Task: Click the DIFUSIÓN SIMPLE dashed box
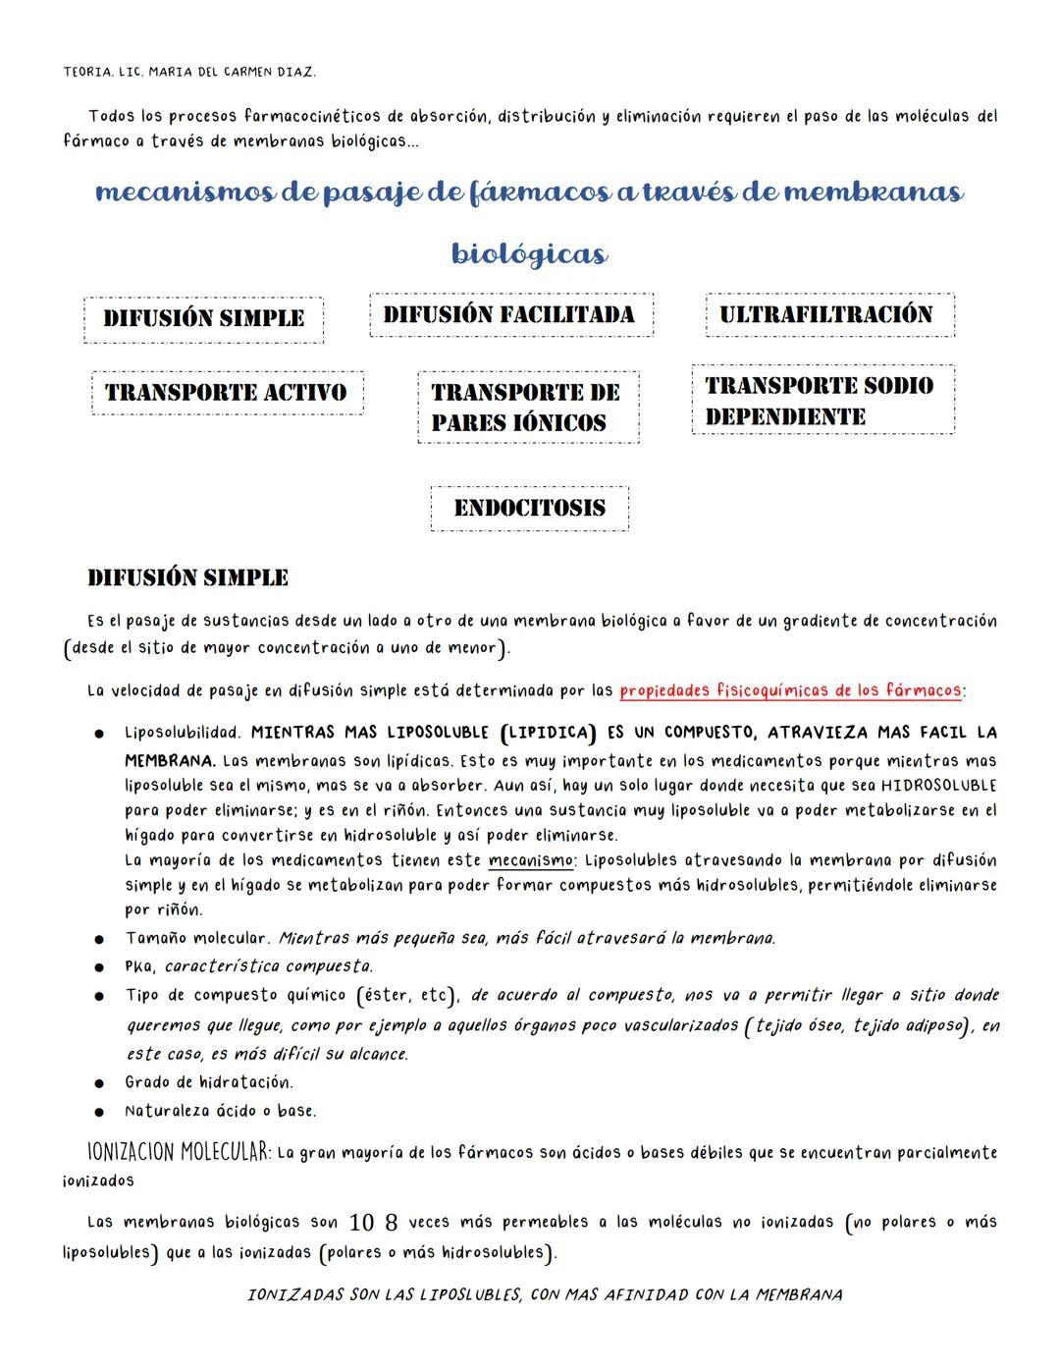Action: (x=203, y=319)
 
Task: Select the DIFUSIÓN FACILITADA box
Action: (x=510, y=315)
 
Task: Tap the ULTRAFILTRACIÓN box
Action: (x=828, y=315)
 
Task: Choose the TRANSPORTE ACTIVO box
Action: (x=227, y=393)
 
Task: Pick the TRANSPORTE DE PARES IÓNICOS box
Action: (x=527, y=408)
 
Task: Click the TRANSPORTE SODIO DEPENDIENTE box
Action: (x=821, y=400)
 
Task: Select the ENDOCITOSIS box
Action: (x=529, y=509)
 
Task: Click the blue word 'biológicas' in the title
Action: (x=529, y=254)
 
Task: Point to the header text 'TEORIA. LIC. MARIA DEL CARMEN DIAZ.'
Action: (x=189, y=73)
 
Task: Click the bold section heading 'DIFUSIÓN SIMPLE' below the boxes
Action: (x=188, y=577)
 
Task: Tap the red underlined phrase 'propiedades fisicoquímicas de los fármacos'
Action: (x=790, y=690)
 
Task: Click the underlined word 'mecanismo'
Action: (x=531, y=860)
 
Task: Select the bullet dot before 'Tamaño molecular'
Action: (x=100, y=940)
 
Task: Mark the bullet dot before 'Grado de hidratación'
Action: (x=100, y=1084)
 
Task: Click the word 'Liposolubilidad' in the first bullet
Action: (x=182, y=733)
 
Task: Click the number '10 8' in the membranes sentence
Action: (x=373, y=1224)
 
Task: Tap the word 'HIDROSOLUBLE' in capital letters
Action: (x=937, y=786)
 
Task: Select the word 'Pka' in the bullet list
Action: (x=138, y=966)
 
